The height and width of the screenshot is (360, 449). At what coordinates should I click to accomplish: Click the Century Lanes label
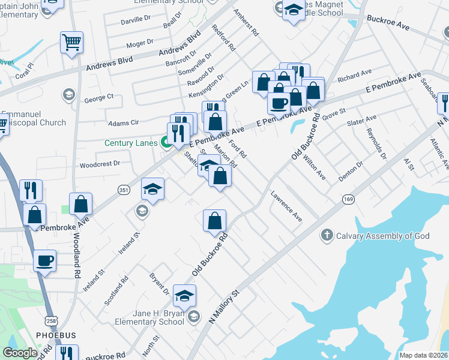click(x=131, y=143)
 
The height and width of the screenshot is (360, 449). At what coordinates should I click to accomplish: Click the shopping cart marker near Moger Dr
click(x=71, y=43)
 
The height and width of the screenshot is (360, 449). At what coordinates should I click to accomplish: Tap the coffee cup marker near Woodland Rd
click(x=45, y=261)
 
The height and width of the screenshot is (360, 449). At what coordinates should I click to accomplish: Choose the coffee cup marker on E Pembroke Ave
click(x=278, y=103)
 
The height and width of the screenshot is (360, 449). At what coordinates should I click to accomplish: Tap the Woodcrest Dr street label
click(x=100, y=163)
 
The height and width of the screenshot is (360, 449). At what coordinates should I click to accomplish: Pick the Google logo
click(x=20, y=353)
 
